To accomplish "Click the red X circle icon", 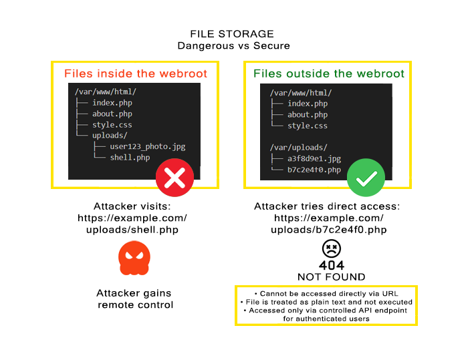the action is coord(174,178).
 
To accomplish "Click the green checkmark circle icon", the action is coord(366,178).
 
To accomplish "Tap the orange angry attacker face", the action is coord(134,258).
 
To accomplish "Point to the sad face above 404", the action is coord(332,248).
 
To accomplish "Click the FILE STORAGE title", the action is coord(232,34).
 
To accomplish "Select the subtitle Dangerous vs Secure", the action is coord(234,45).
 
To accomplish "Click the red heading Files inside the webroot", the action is coord(136,73).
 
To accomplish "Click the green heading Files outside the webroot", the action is coord(329,73).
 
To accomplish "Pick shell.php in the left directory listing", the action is coord(130,158).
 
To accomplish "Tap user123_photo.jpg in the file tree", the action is coord(148,146).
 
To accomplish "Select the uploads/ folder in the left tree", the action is coord(110,136).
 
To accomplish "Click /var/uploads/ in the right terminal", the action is coord(298,148).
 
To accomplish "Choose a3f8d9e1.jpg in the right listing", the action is coord(314,159).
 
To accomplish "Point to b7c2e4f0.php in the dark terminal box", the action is coord(314,170).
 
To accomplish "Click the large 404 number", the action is coord(332,265).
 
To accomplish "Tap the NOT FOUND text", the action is coord(332,277).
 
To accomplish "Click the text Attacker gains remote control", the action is coord(134,299).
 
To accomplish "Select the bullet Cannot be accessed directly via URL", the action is coord(326,294).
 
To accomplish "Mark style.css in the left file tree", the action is coord(112,125).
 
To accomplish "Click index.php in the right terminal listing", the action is coord(308,104).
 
